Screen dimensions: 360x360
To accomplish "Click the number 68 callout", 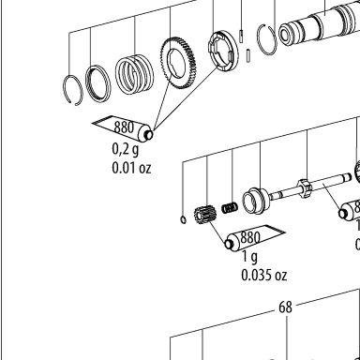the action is click(285, 307).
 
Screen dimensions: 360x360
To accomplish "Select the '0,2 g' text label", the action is click(125, 149).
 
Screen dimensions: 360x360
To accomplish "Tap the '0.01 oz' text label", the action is click(131, 168).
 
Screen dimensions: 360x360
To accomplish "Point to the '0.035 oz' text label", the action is click(264, 275).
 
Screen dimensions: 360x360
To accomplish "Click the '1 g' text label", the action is click(250, 257).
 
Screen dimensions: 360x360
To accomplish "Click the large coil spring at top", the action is click(134, 74).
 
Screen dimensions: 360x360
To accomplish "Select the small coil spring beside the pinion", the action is click(230, 208).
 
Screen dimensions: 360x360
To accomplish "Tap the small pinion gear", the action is click(203, 216).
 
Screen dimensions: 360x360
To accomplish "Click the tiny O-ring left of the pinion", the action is click(184, 219).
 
